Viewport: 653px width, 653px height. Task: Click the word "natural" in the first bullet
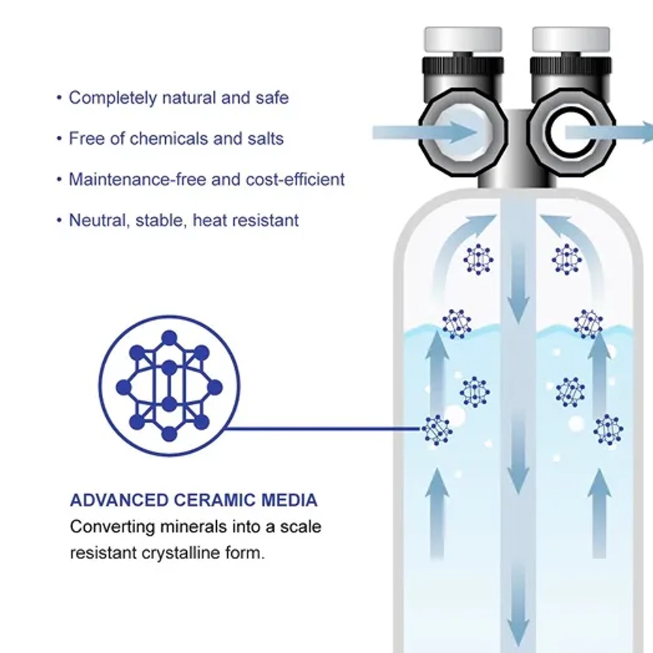[x=189, y=98]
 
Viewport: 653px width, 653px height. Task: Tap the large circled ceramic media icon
[x=169, y=386]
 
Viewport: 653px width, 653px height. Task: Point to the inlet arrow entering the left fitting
[x=425, y=133]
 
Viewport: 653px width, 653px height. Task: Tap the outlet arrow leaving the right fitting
[x=609, y=133]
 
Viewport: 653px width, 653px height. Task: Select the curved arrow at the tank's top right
[x=583, y=242]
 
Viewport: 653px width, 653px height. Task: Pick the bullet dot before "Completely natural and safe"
[x=59, y=98]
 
